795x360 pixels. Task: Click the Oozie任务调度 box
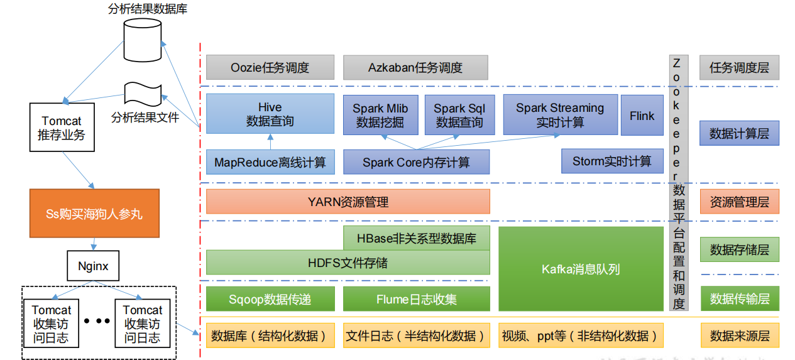[270, 68]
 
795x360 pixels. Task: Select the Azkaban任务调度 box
[415, 68]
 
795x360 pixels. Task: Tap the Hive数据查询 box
[270, 114]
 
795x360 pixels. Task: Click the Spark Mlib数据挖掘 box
[380, 115]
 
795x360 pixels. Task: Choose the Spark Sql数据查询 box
[459, 115]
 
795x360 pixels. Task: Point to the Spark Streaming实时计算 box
[560, 115]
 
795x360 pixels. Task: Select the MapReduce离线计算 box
[270, 162]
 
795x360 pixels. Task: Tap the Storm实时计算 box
[611, 161]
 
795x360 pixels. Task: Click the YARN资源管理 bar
[348, 202]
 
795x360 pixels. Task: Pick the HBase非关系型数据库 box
[416, 238]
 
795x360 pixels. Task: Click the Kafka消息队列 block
[581, 269]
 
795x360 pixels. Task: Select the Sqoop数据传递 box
[270, 299]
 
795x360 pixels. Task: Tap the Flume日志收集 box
[416, 299]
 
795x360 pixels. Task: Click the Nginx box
[93, 266]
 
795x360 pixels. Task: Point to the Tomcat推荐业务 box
[62, 128]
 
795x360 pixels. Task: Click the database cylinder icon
[142, 40]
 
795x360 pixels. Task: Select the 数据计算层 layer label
[739, 133]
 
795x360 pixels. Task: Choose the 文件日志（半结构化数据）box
[416, 335]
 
